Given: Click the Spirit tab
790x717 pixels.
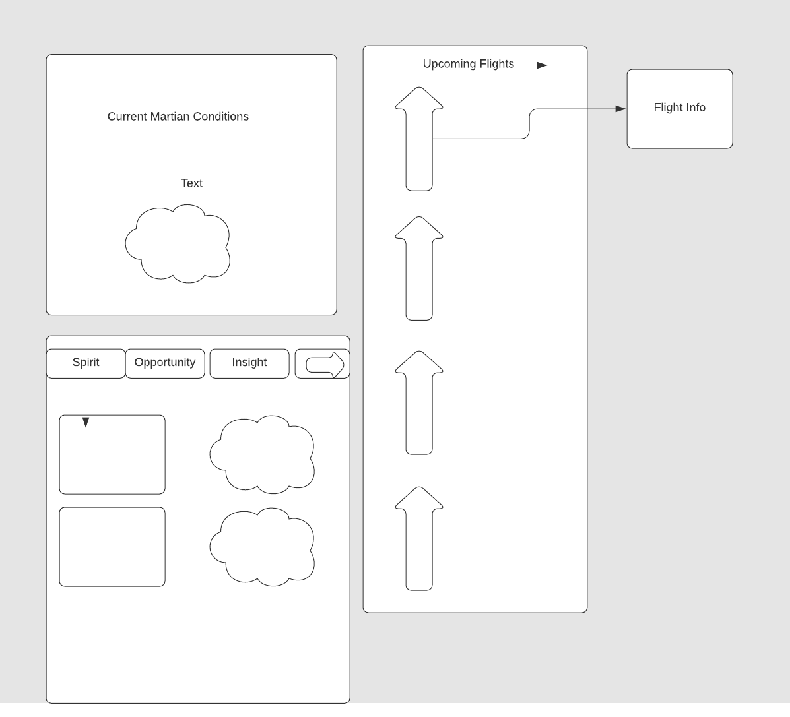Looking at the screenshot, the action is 86,363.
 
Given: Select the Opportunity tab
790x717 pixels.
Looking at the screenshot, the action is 165,363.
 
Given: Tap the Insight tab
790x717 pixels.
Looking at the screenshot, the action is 249,363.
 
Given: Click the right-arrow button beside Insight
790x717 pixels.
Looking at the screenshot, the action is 323,364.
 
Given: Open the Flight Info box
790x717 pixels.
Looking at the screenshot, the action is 680,108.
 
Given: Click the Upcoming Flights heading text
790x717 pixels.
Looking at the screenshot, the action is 468,64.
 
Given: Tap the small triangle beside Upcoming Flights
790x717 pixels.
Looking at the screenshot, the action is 542,65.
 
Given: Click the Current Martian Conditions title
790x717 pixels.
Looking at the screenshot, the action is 178,117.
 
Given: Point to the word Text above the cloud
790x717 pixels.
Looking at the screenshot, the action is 191,183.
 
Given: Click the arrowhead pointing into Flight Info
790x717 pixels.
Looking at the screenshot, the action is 620,109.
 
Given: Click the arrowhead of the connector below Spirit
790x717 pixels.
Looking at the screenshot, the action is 86,422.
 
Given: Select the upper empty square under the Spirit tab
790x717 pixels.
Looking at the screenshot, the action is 112,454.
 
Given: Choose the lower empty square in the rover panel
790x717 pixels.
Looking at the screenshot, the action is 112,547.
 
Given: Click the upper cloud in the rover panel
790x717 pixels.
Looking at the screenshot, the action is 262,455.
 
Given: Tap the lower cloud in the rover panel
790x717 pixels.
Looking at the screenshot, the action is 262,547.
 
